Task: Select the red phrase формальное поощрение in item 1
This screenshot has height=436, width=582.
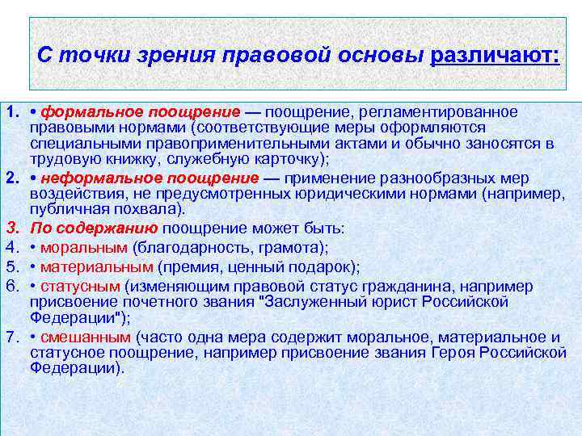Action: [141, 111]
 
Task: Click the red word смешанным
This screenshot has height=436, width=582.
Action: [86, 337]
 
